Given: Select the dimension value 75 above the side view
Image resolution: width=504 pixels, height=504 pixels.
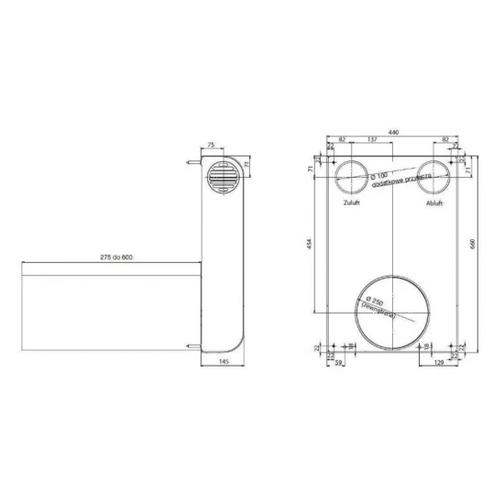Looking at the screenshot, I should point(211,145).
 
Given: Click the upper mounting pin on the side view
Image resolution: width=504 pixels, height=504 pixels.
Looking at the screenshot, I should point(189,166).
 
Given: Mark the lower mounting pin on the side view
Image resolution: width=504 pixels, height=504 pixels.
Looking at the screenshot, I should point(189,345).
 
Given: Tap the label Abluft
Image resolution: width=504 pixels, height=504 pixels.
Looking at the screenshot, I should point(434,203).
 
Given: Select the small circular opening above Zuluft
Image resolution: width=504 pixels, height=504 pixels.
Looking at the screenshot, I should point(350,176).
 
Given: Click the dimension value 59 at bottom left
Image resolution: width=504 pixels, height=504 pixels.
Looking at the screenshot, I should point(340,363).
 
